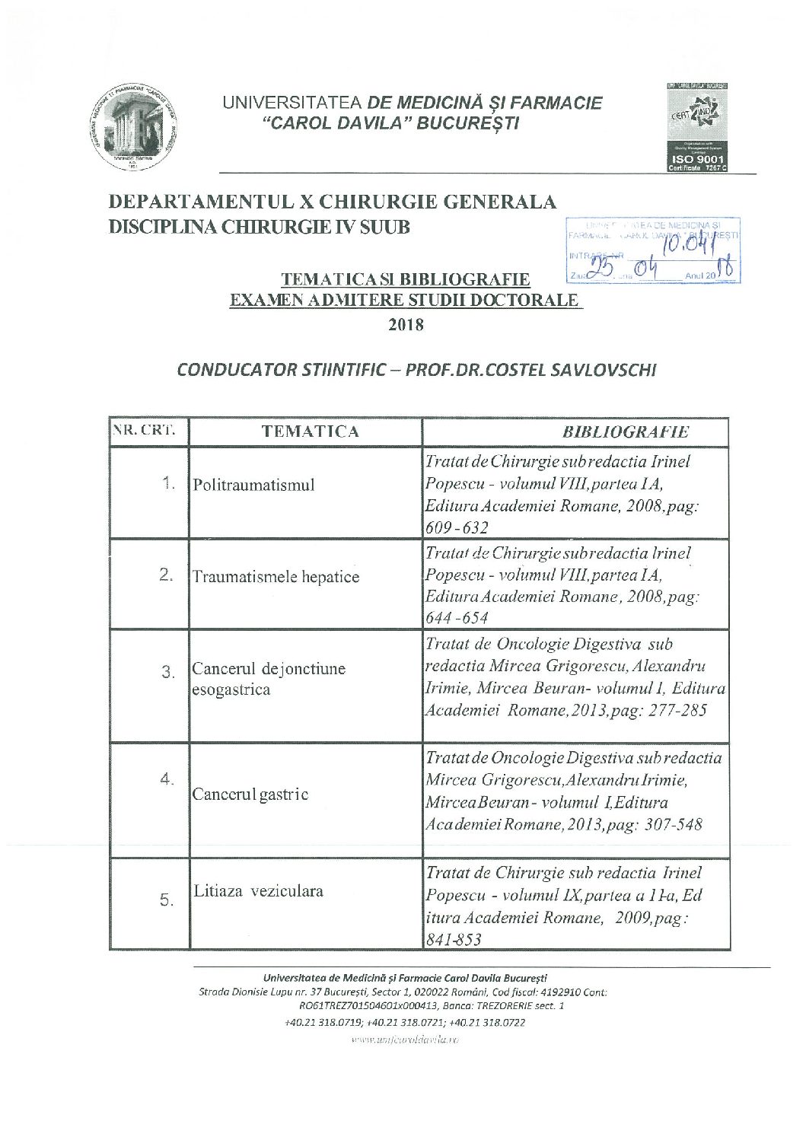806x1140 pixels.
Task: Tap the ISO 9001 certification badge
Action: pos(698,126)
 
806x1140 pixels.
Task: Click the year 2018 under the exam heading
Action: pos(406,324)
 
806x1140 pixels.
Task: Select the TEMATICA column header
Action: pos(310,431)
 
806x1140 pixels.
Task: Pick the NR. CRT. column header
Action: pos(149,431)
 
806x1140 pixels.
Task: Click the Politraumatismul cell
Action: pos(253,485)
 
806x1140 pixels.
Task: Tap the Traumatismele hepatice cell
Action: pos(276,576)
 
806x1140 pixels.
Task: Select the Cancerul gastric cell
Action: pos(250,794)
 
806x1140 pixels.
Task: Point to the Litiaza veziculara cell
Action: pos(258,890)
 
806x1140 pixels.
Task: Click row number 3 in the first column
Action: pos(168,672)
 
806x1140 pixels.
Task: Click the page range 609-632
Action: pos(457,527)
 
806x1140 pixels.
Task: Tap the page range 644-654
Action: pos(457,618)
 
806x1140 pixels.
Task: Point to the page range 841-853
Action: pos(454,940)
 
